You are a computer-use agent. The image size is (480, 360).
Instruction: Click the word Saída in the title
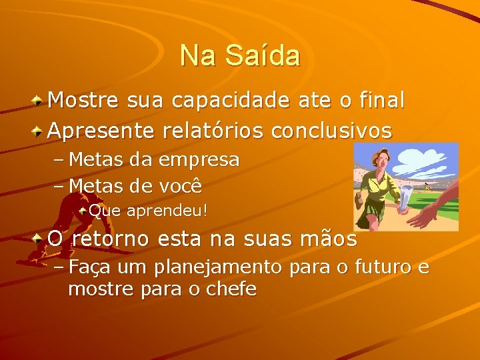(x=262, y=55)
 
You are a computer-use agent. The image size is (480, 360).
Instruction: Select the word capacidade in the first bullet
(x=230, y=100)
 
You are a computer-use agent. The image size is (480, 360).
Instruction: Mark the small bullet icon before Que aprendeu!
(x=83, y=211)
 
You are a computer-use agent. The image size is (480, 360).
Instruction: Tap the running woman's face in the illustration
(x=376, y=160)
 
